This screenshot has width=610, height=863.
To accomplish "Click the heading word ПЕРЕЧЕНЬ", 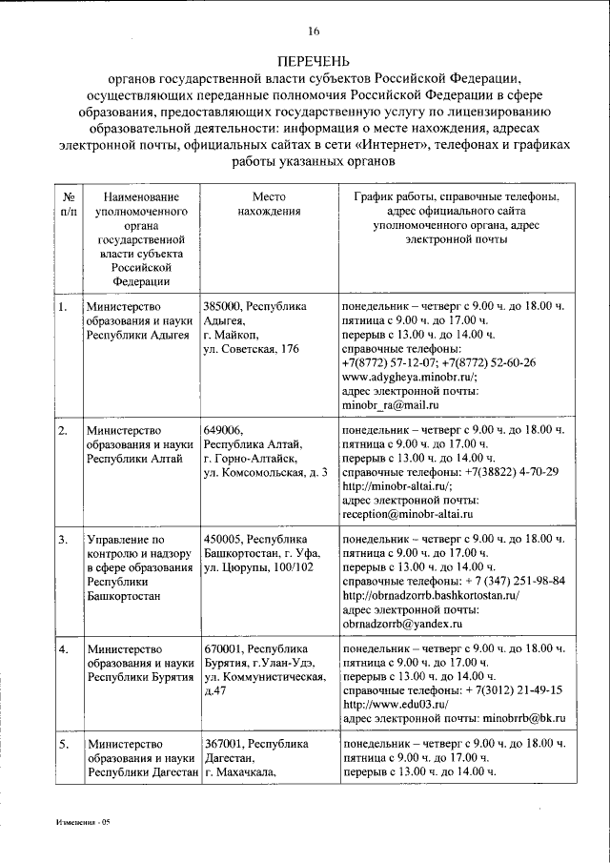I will click(313, 59).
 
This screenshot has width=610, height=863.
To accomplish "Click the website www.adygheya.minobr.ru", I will click(407, 377).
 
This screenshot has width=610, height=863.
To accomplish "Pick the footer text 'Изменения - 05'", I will click(83, 821).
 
